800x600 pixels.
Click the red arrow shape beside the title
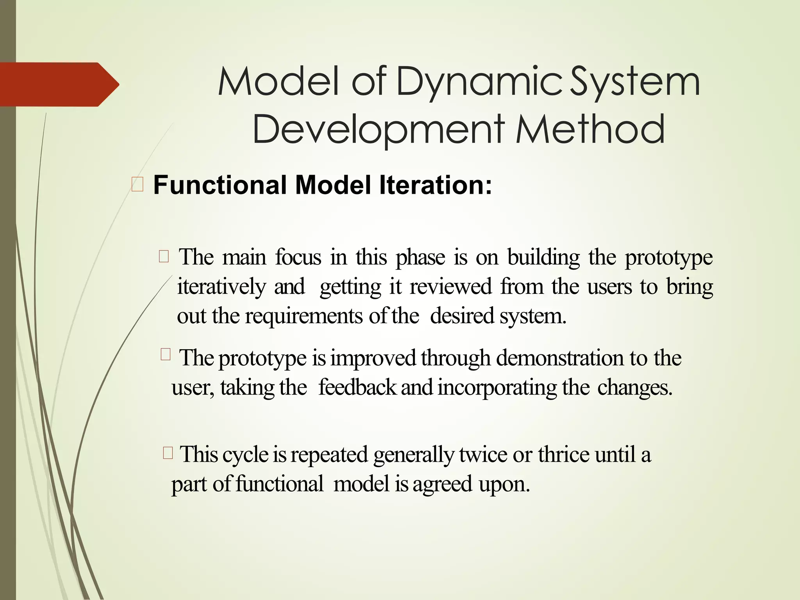[59, 84]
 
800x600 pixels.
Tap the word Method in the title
[590, 129]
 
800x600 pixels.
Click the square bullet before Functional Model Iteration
[137, 184]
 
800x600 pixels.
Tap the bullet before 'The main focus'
[164, 257]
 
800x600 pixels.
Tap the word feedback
[357, 388]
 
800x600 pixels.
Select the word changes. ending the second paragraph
[635, 388]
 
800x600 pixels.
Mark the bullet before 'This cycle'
[168, 454]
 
